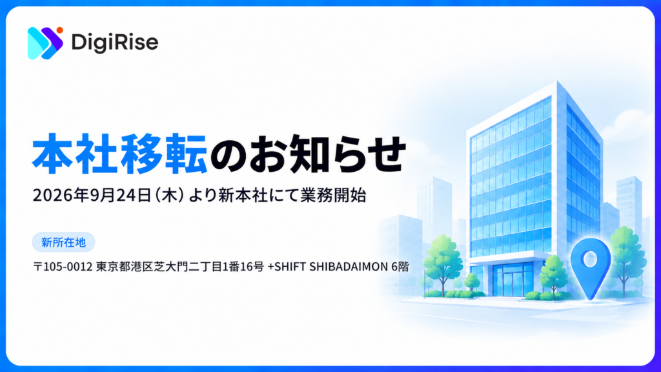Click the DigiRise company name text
coord(115,42)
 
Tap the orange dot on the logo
coord(59,30)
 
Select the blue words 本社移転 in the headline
coord(119,154)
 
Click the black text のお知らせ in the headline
coord(308,154)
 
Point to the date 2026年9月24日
coord(92,195)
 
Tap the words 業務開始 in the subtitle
coord(333,195)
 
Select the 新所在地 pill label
coord(64,242)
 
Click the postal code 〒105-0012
coord(63,267)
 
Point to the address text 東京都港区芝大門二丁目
coord(159,267)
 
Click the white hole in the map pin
coord(590,258)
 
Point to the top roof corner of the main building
coord(557,81)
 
